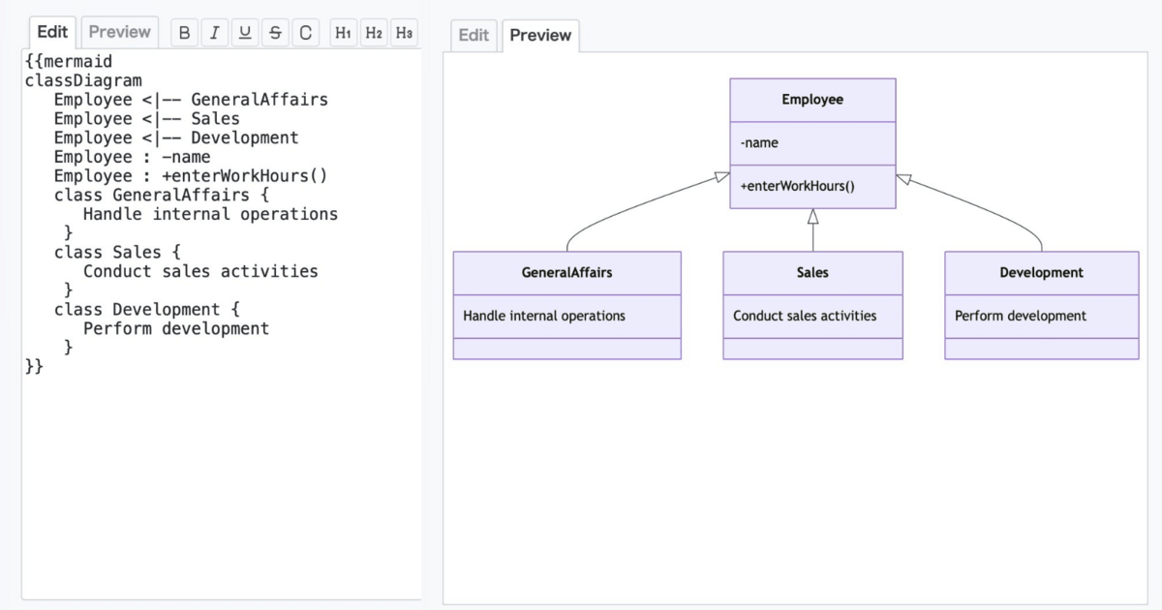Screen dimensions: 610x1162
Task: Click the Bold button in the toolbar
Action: [x=184, y=33]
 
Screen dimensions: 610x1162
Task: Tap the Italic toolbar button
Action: [x=214, y=33]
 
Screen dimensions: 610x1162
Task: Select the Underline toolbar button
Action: [x=245, y=33]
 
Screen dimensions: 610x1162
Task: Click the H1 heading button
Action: [x=343, y=33]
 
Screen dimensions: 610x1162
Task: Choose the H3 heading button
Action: [x=404, y=33]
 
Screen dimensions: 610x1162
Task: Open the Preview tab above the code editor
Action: [x=120, y=32]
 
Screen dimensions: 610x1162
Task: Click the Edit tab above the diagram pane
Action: [x=474, y=36]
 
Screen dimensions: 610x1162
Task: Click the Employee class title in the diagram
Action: [x=812, y=100]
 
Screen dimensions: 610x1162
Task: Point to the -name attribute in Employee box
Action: [x=759, y=143]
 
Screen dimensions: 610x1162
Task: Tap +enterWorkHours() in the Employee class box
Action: [x=798, y=186]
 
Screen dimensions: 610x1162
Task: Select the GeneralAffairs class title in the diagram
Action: [x=566, y=273]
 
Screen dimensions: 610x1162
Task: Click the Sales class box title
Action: [x=812, y=273]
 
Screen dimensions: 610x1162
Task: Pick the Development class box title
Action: [x=1041, y=273]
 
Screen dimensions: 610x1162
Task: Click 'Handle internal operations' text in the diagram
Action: [x=544, y=316]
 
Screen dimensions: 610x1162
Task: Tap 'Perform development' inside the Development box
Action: [x=1021, y=316]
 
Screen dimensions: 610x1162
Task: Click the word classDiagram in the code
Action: [x=83, y=80]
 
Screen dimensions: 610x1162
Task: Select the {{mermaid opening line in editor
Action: [x=68, y=62]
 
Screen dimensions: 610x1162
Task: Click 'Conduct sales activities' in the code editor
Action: [x=200, y=271]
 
